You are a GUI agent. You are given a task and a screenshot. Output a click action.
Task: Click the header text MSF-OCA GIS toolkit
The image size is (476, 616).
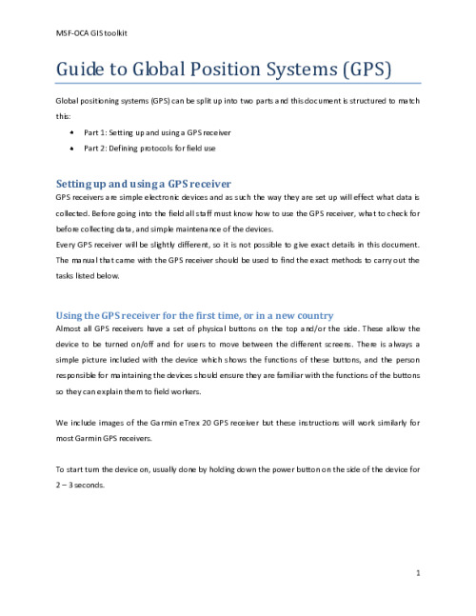(93, 33)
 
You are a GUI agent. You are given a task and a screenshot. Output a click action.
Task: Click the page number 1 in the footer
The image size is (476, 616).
(419, 573)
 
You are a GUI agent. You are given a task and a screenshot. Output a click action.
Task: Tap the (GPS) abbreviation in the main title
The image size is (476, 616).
(361, 70)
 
